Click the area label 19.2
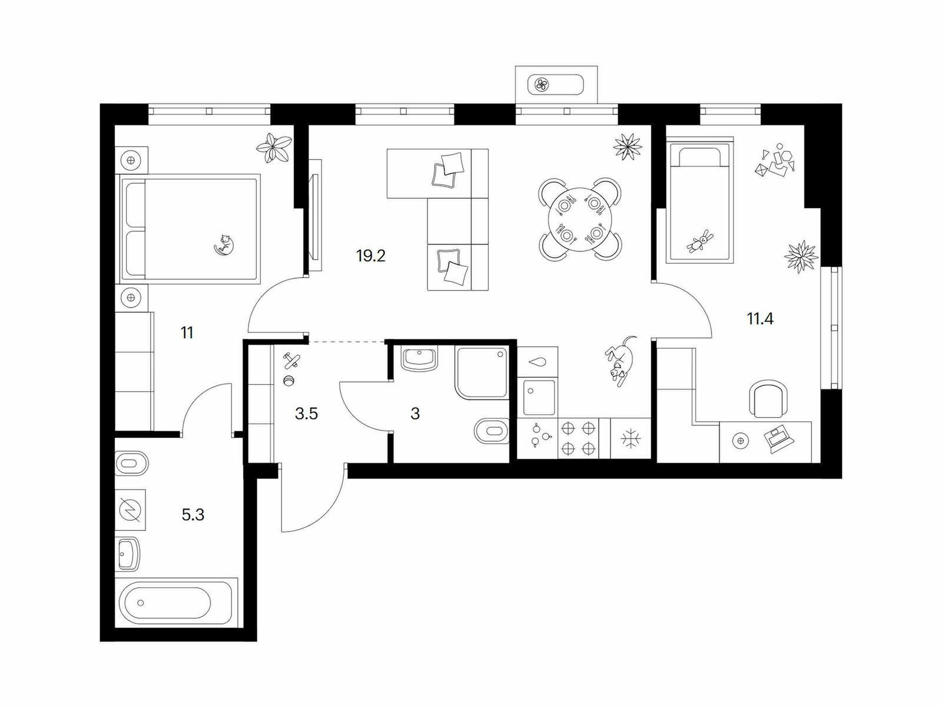pos(371,256)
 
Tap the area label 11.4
pos(760,319)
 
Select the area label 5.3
pos(193,514)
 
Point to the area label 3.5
pos(306,414)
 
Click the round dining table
pos(580,219)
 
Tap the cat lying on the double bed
pos(224,245)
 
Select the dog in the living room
pos(621,361)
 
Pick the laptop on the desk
pos(778,438)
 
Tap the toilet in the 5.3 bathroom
pos(131,463)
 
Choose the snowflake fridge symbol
pos(631,439)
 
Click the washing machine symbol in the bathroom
pos(131,510)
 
